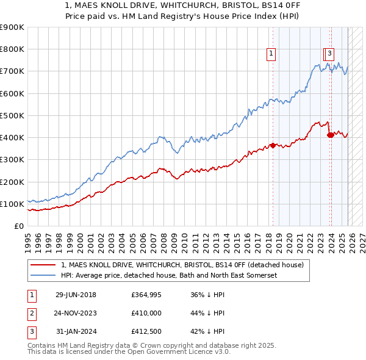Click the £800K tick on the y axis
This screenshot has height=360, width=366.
point(12,49)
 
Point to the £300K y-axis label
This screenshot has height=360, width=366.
point(12,160)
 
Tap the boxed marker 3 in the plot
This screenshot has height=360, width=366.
point(329,53)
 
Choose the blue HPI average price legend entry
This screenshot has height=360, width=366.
point(169,276)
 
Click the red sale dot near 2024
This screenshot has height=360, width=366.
point(331,135)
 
